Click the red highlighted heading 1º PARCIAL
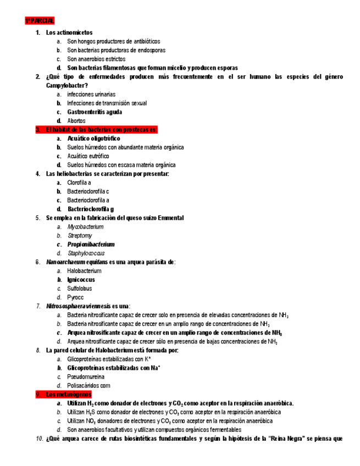(39, 21)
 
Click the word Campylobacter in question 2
(67, 85)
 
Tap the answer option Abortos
(76, 121)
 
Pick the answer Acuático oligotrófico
(93, 138)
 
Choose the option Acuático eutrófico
(88, 156)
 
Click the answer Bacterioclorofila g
(91, 209)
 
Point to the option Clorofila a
(79, 182)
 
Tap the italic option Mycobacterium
(85, 226)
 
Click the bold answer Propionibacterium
(91, 244)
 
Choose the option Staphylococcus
(86, 253)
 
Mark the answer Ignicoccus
(81, 280)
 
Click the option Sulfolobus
(80, 289)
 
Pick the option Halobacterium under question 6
(84, 271)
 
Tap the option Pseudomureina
(86, 377)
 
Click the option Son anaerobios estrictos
(96, 59)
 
